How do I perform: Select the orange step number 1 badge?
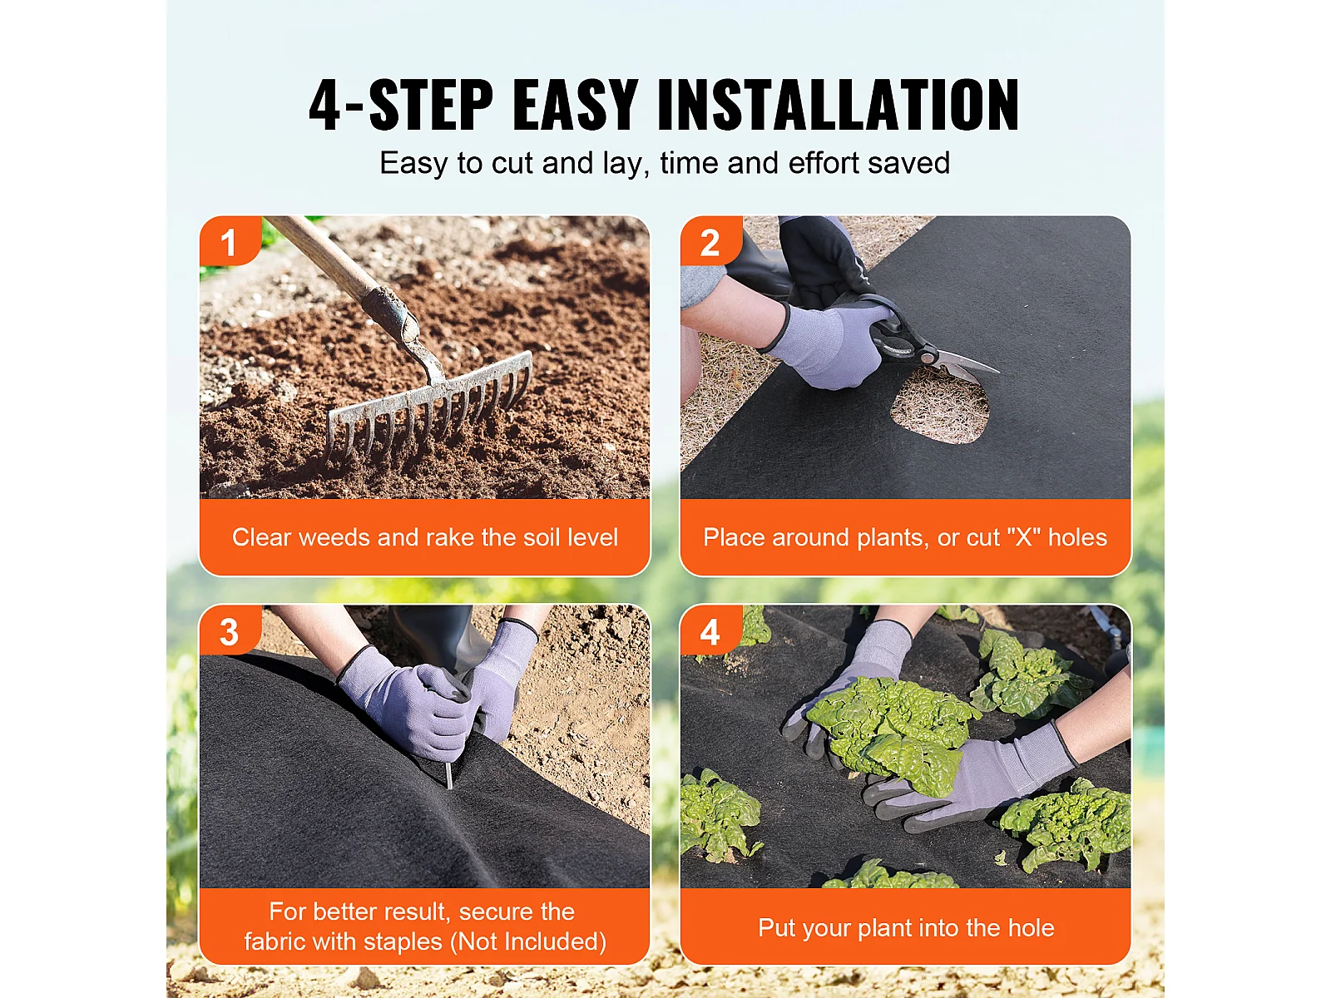coord(230,240)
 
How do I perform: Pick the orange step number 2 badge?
coord(710,240)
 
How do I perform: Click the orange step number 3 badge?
coord(230,630)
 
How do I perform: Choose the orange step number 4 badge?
coord(710,630)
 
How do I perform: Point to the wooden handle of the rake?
coord(328,258)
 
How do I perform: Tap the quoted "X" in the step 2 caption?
coord(1023,537)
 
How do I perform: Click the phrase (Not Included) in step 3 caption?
coord(532,942)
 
